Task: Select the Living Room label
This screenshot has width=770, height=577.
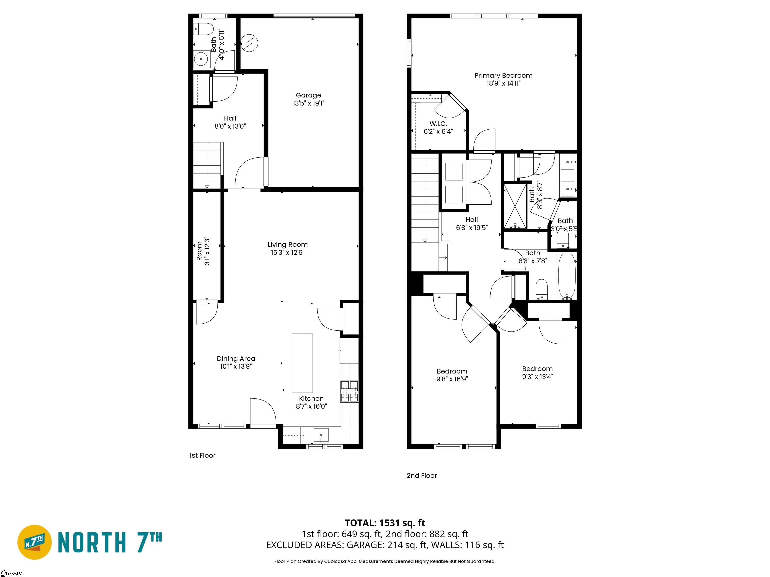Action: point(287,244)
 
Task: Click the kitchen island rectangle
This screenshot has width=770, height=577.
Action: point(302,363)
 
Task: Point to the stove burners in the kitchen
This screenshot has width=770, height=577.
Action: point(349,391)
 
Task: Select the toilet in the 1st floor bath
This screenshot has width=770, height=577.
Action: point(203,29)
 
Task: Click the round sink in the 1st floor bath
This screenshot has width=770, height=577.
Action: point(201,59)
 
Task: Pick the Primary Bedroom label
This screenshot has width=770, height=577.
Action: point(503,75)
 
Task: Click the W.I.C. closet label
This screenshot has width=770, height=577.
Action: point(438,124)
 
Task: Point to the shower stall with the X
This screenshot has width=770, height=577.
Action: point(515,206)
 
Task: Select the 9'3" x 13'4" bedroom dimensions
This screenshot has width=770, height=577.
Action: point(537,377)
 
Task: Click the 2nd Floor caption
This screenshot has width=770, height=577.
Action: point(422,475)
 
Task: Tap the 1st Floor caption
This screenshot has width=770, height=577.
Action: point(202,455)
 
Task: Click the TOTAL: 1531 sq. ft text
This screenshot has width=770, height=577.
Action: point(385,523)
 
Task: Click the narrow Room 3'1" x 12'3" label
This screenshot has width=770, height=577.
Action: point(203,251)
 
